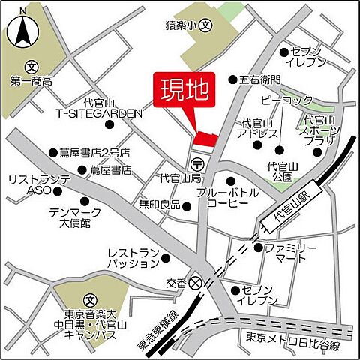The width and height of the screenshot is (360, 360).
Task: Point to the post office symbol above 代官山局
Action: click(x=197, y=163)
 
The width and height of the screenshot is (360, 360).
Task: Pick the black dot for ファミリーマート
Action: click(x=259, y=247)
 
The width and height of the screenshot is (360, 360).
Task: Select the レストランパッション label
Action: click(x=133, y=259)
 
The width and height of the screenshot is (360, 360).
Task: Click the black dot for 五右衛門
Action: click(x=232, y=79)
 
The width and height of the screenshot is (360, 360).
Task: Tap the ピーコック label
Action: click(x=286, y=99)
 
